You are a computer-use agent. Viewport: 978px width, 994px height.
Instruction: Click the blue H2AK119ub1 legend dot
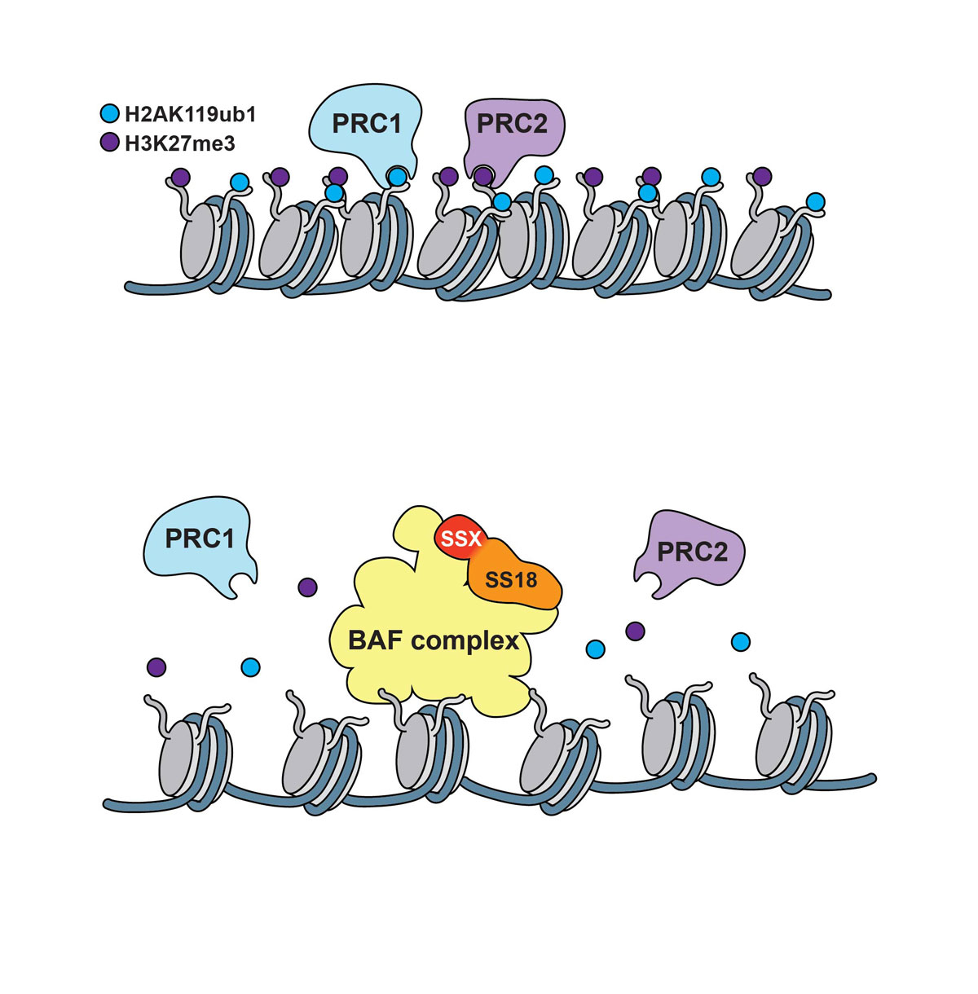[x=109, y=114]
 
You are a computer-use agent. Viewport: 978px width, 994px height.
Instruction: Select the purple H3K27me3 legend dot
[x=109, y=143]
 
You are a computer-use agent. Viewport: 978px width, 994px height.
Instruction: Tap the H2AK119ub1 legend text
[x=190, y=115]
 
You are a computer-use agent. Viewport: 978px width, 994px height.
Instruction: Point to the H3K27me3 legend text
[x=180, y=144]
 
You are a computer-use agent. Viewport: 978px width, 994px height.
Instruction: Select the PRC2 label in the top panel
[x=511, y=125]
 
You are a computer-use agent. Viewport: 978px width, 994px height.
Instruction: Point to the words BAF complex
[x=434, y=640]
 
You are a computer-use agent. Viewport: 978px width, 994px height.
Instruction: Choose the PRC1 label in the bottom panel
[x=200, y=539]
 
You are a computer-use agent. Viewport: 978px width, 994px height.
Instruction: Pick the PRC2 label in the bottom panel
[x=692, y=552]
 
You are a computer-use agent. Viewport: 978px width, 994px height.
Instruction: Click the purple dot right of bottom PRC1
[x=307, y=587]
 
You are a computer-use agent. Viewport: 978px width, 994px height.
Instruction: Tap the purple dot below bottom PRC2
[x=635, y=630]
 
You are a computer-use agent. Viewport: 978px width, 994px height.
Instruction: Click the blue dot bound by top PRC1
[x=397, y=176]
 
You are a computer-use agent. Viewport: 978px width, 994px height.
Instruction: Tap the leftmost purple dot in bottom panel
[x=156, y=667]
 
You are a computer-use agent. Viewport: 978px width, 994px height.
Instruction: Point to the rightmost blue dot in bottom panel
[x=740, y=642]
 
